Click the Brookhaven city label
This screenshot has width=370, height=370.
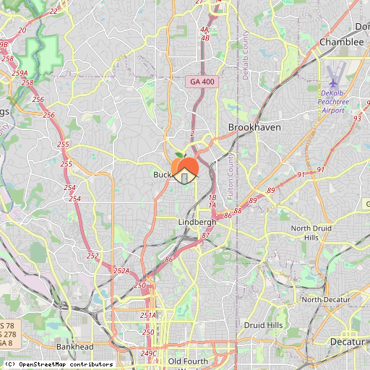click(254, 126)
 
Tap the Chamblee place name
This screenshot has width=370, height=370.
click(341, 42)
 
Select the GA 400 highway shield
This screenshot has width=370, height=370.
click(202, 82)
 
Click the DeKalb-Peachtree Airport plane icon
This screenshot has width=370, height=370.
click(332, 83)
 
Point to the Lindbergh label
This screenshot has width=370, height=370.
click(197, 222)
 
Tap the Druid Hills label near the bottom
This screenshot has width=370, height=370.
click(264, 325)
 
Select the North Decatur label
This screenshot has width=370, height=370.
click(325, 299)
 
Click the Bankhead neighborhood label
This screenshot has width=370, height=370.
click(74, 347)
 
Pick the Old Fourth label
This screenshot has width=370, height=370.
click(187, 361)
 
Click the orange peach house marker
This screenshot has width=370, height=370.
click(186, 168)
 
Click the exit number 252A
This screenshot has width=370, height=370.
click(121, 271)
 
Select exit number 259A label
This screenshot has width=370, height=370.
click(20, 73)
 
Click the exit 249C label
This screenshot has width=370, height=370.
click(149, 353)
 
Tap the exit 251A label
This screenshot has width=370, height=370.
click(147, 315)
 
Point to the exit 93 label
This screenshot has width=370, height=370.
click(357, 118)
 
